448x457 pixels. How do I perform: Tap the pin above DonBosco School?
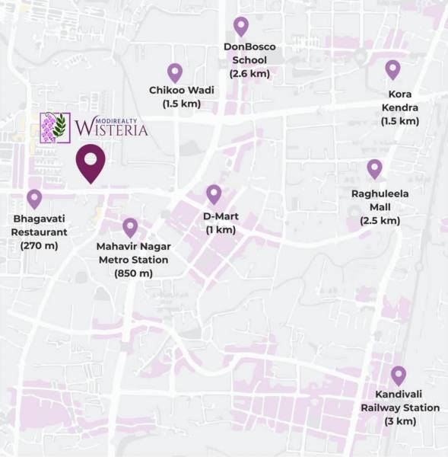tap(241, 27)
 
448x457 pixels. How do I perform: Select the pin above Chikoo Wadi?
tap(175, 72)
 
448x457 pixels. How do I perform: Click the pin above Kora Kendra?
tap(392, 69)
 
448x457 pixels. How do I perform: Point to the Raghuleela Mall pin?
tap(374, 168)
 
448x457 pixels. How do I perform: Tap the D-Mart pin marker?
tap(214, 193)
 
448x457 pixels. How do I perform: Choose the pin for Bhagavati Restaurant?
tap(34, 199)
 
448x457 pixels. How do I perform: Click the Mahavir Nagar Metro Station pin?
tap(130, 227)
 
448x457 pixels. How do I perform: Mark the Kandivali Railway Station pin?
tap(399, 376)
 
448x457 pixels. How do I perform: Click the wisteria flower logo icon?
tap(55, 127)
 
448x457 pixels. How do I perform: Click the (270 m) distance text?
tap(40, 245)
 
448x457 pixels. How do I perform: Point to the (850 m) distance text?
tap(133, 273)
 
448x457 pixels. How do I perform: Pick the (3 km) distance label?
tap(399, 421)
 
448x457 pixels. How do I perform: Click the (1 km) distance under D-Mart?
tap(221, 229)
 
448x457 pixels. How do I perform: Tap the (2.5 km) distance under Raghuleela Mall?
tap(380, 221)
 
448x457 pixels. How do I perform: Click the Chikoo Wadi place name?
tap(182, 90)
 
